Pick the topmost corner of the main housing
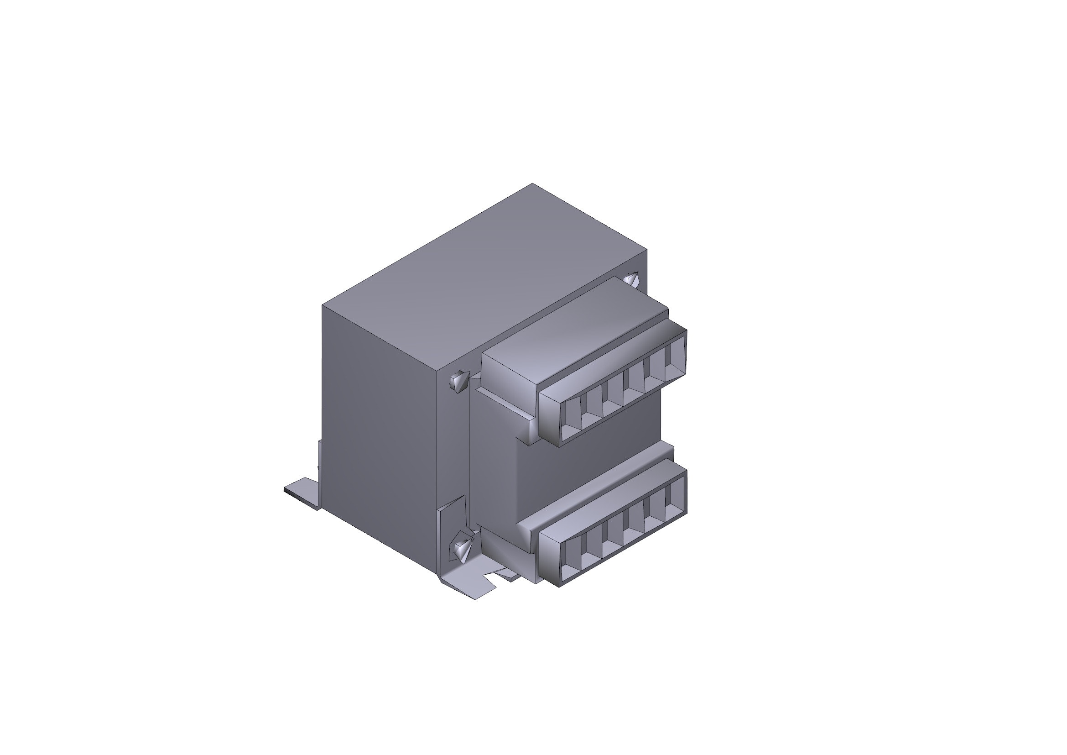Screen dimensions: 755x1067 pos(532,184)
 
